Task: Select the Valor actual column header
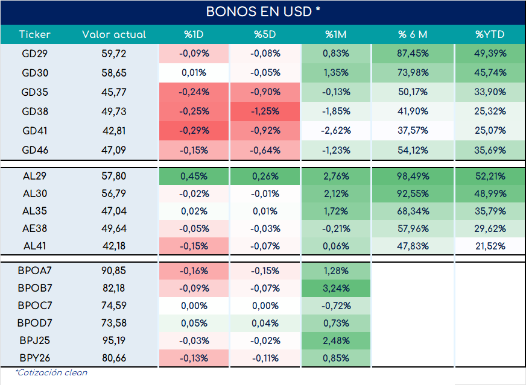click(114, 34)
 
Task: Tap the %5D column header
click(265, 34)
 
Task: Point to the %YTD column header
click(490, 34)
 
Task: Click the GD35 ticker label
click(34, 92)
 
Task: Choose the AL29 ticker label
click(34, 176)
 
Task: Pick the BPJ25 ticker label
click(34, 340)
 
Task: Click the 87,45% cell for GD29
click(413, 53)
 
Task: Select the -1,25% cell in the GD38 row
click(265, 111)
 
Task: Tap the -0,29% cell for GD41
click(194, 130)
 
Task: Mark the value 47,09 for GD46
click(114, 150)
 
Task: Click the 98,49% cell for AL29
click(413, 176)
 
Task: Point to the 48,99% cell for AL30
click(490, 193)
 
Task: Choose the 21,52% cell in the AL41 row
click(490, 246)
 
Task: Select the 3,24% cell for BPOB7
click(336, 288)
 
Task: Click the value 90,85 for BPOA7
click(114, 271)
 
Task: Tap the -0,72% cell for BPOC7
click(336, 305)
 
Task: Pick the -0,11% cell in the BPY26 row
click(265, 358)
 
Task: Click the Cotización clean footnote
click(51, 372)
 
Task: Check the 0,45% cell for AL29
click(194, 176)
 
